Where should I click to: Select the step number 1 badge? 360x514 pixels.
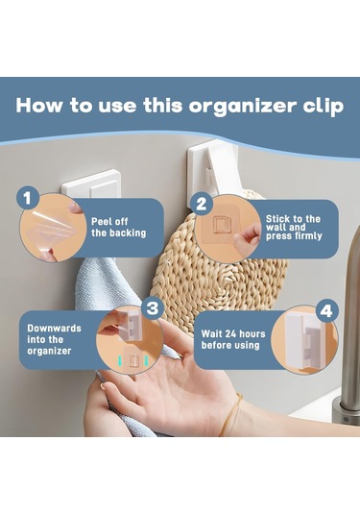pyautogui.click(x=28, y=198)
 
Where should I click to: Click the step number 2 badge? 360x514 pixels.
pyautogui.click(x=202, y=205)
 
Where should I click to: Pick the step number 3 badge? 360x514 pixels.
pyautogui.click(x=153, y=308)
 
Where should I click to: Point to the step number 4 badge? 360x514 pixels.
pyautogui.click(x=326, y=311)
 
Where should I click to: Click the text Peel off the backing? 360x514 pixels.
pyautogui.click(x=119, y=227)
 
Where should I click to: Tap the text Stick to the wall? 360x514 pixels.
pyautogui.click(x=293, y=223)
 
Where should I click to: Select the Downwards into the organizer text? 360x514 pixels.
pyautogui.click(x=54, y=339)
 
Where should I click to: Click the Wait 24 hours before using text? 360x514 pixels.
pyautogui.click(x=233, y=339)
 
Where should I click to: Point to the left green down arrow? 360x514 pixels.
pyautogui.click(x=120, y=360)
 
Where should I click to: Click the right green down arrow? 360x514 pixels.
pyautogui.click(x=146, y=360)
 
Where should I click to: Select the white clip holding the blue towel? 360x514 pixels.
pyautogui.click(x=92, y=184)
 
